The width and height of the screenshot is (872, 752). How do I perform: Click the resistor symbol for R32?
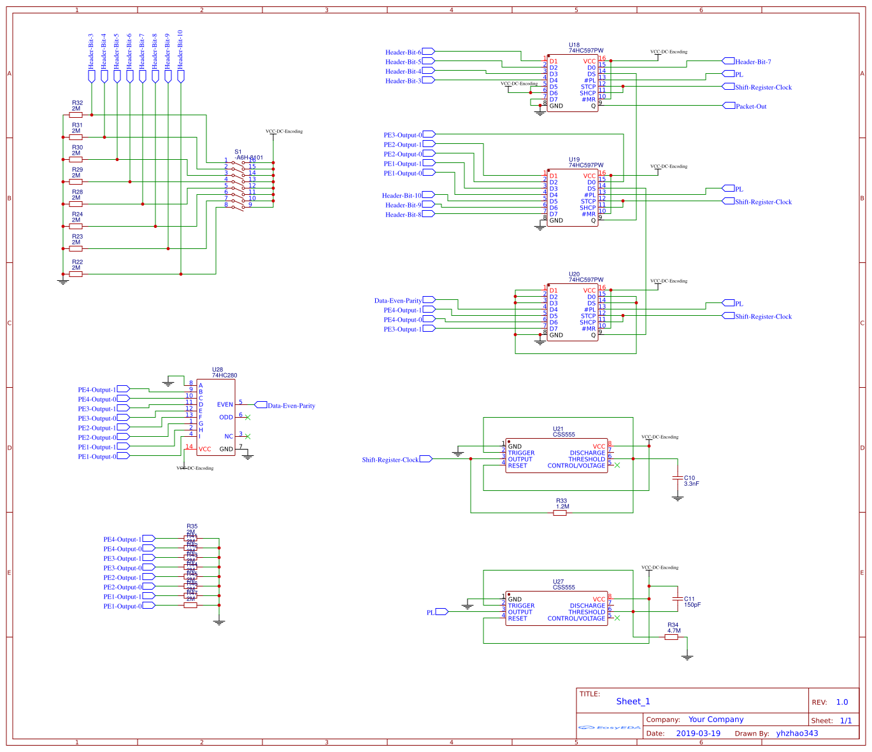click(x=76, y=115)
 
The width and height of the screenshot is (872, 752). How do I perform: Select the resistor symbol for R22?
click(x=76, y=274)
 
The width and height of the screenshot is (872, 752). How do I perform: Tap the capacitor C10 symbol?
click(x=677, y=478)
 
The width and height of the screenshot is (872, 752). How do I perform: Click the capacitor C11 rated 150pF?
click(x=677, y=599)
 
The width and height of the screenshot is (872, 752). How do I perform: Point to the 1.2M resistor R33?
click(x=560, y=513)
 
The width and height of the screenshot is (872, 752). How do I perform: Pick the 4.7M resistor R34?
click(x=671, y=637)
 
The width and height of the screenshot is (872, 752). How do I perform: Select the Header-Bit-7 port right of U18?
click(x=729, y=62)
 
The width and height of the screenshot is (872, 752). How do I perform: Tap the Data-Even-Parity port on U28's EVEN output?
click(x=261, y=405)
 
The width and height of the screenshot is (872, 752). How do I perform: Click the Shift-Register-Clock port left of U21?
click(x=425, y=459)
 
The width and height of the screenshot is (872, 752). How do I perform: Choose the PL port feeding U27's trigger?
click(x=441, y=612)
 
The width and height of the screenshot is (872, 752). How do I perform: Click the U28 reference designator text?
click(x=217, y=369)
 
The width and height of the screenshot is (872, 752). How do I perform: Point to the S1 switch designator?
click(x=238, y=152)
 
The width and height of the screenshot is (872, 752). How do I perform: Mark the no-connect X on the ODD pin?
click(x=248, y=418)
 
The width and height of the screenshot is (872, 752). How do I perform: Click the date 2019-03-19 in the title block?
click(x=698, y=734)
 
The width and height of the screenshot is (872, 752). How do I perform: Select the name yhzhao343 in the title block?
click(x=797, y=734)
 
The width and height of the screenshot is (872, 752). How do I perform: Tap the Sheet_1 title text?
click(x=633, y=702)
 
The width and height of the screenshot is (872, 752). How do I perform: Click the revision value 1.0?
click(x=842, y=702)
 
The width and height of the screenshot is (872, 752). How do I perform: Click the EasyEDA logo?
click(x=610, y=727)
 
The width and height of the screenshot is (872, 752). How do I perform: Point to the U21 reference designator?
click(x=558, y=429)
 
